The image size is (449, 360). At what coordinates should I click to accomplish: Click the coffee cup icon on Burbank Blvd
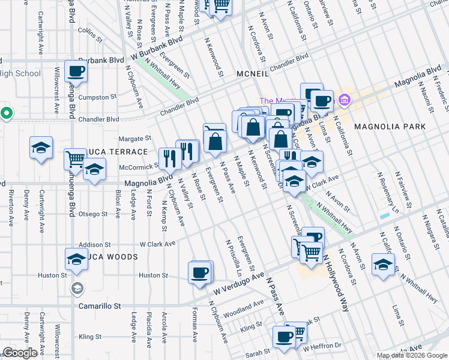click(76, 71)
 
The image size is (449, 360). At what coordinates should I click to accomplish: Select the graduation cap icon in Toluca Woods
click(76, 259)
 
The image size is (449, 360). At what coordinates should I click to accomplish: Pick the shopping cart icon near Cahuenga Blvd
click(75, 159)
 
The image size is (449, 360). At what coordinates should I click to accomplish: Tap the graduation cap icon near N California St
click(382, 264)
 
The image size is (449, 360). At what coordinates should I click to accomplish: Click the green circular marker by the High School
click(6, 113)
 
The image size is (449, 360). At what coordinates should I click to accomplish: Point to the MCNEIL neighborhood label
click(256, 73)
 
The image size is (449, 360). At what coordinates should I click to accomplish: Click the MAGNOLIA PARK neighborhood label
click(390, 127)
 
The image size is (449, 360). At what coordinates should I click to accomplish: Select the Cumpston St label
click(97, 97)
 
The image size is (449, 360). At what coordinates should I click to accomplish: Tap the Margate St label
click(133, 139)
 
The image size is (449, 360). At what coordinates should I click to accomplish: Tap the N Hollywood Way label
click(334, 277)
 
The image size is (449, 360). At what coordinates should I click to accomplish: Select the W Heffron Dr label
click(322, 346)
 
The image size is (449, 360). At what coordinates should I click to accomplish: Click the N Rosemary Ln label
click(387, 193)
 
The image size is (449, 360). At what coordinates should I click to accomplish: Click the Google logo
click(19, 353)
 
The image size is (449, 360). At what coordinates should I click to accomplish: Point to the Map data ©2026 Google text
click(411, 355)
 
